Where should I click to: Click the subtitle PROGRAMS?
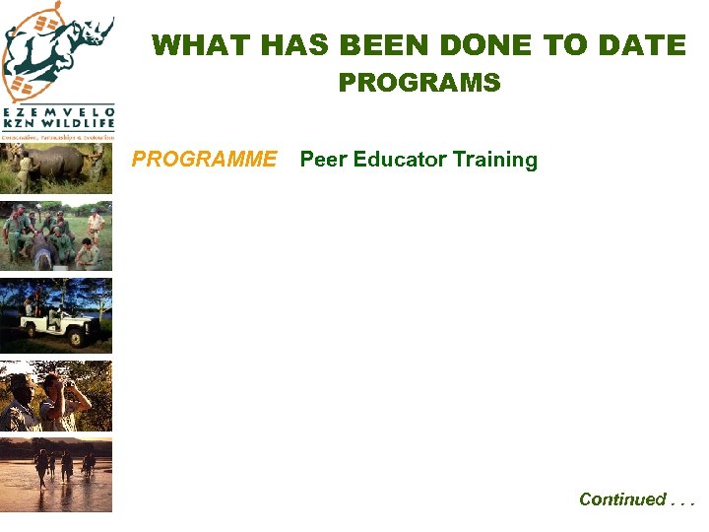419,83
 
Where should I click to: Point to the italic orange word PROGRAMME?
204,160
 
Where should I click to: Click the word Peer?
322,160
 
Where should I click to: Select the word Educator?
400,160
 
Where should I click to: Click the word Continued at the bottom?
622,499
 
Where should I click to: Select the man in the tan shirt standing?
95,225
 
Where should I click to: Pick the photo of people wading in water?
56,475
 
